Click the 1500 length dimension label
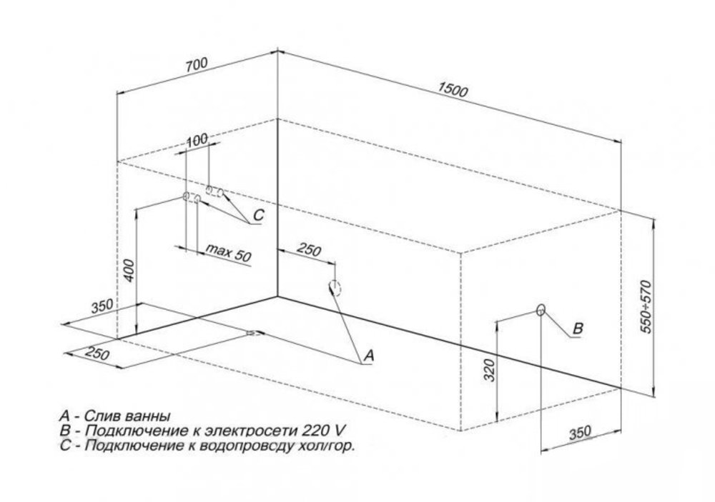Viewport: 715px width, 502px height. tap(454, 91)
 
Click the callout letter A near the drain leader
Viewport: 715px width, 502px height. tap(369, 354)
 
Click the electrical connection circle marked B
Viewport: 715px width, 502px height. tap(541, 310)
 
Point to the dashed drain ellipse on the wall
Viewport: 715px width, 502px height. tap(335, 288)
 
